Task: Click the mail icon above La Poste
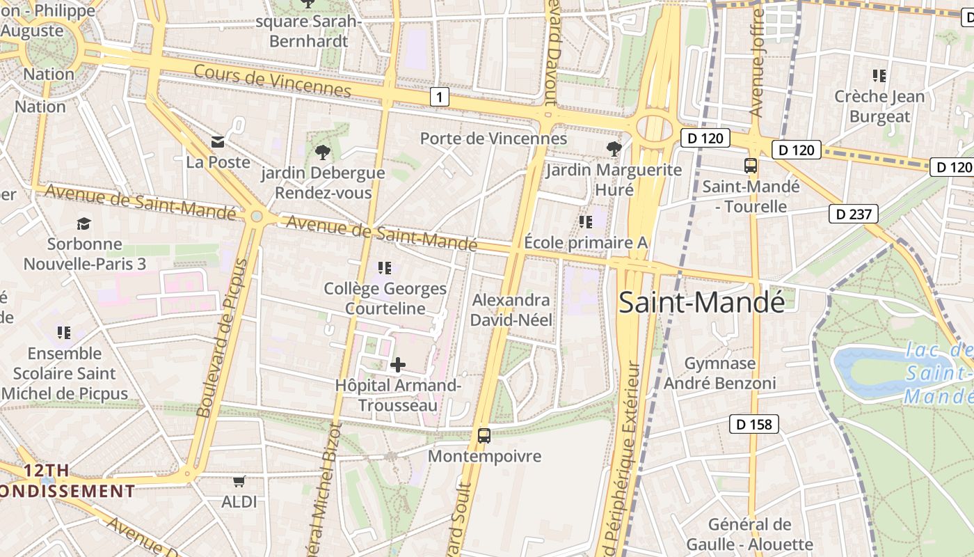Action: tap(218, 142)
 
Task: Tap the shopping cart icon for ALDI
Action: tap(239, 480)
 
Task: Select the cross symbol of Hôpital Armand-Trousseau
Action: tap(398, 364)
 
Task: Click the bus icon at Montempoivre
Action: tap(484, 436)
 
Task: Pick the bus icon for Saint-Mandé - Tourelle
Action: tap(751, 166)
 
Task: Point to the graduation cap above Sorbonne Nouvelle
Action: tap(84, 223)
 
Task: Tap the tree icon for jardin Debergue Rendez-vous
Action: tap(322, 152)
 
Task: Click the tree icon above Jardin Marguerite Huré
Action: tap(614, 148)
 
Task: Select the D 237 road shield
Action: tap(853, 214)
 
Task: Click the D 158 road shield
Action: tap(753, 423)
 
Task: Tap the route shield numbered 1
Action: tap(439, 97)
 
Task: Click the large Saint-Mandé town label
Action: tap(701, 302)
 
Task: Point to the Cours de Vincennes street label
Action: tap(272, 81)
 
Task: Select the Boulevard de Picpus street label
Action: tap(223, 338)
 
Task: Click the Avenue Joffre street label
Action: tap(757, 63)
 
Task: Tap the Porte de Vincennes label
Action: tap(493, 139)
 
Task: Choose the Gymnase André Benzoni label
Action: tap(719, 373)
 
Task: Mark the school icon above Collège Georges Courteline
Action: tap(384, 267)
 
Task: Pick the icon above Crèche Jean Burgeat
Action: tap(879, 75)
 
